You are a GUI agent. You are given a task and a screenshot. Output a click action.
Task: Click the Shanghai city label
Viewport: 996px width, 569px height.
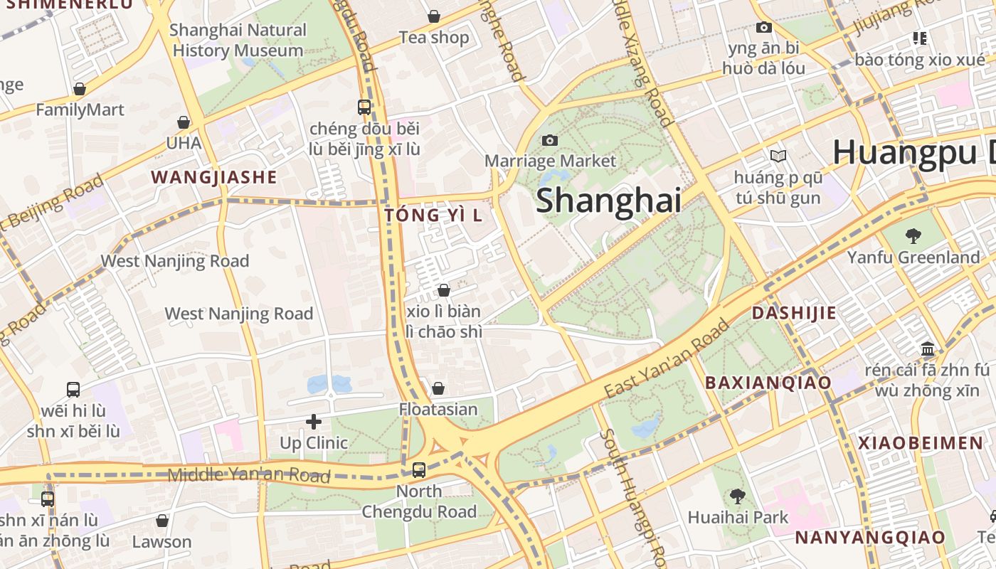point(608,201)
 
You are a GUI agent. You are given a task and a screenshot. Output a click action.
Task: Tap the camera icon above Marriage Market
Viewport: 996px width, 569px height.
point(550,140)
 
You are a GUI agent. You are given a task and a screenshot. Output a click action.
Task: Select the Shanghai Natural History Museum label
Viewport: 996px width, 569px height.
point(238,40)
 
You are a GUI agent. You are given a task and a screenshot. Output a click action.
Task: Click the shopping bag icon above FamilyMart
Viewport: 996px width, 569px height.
point(80,89)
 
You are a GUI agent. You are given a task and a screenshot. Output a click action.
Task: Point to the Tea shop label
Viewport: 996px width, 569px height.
point(433,37)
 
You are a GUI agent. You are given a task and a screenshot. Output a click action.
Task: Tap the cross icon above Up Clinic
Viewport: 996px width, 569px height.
point(314,422)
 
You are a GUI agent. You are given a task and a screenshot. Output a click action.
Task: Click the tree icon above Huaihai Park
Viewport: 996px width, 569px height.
point(737,496)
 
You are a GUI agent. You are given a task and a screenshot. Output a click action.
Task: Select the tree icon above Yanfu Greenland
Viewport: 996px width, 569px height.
point(913,235)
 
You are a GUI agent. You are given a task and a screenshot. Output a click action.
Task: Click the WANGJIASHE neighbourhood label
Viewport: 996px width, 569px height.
point(213,177)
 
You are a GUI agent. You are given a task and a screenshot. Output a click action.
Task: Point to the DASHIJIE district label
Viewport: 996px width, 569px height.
point(794,313)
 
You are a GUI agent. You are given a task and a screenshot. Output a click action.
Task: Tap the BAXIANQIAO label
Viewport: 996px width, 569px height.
point(768,383)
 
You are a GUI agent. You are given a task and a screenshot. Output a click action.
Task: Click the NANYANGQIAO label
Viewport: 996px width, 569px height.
point(870,537)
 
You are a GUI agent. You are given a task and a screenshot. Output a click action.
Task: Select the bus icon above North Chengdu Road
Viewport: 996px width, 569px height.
point(419,469)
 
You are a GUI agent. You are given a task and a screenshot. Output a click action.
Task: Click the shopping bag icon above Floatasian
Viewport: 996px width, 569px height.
point(438,388)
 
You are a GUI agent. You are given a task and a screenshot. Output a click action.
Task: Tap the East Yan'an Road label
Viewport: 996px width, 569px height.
point(667,358)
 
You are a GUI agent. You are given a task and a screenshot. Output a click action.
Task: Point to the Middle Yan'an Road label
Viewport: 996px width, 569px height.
point(249,474)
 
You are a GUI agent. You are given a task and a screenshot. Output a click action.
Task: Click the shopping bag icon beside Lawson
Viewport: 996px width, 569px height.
point(162,521)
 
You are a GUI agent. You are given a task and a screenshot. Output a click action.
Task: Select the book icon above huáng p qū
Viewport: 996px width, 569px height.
point(778,156)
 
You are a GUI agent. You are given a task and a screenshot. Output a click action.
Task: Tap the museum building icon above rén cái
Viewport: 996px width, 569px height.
point(927,349)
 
